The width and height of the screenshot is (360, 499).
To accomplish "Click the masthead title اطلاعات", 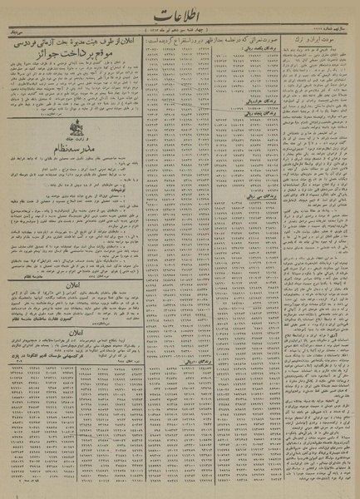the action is (x=179, y=17).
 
